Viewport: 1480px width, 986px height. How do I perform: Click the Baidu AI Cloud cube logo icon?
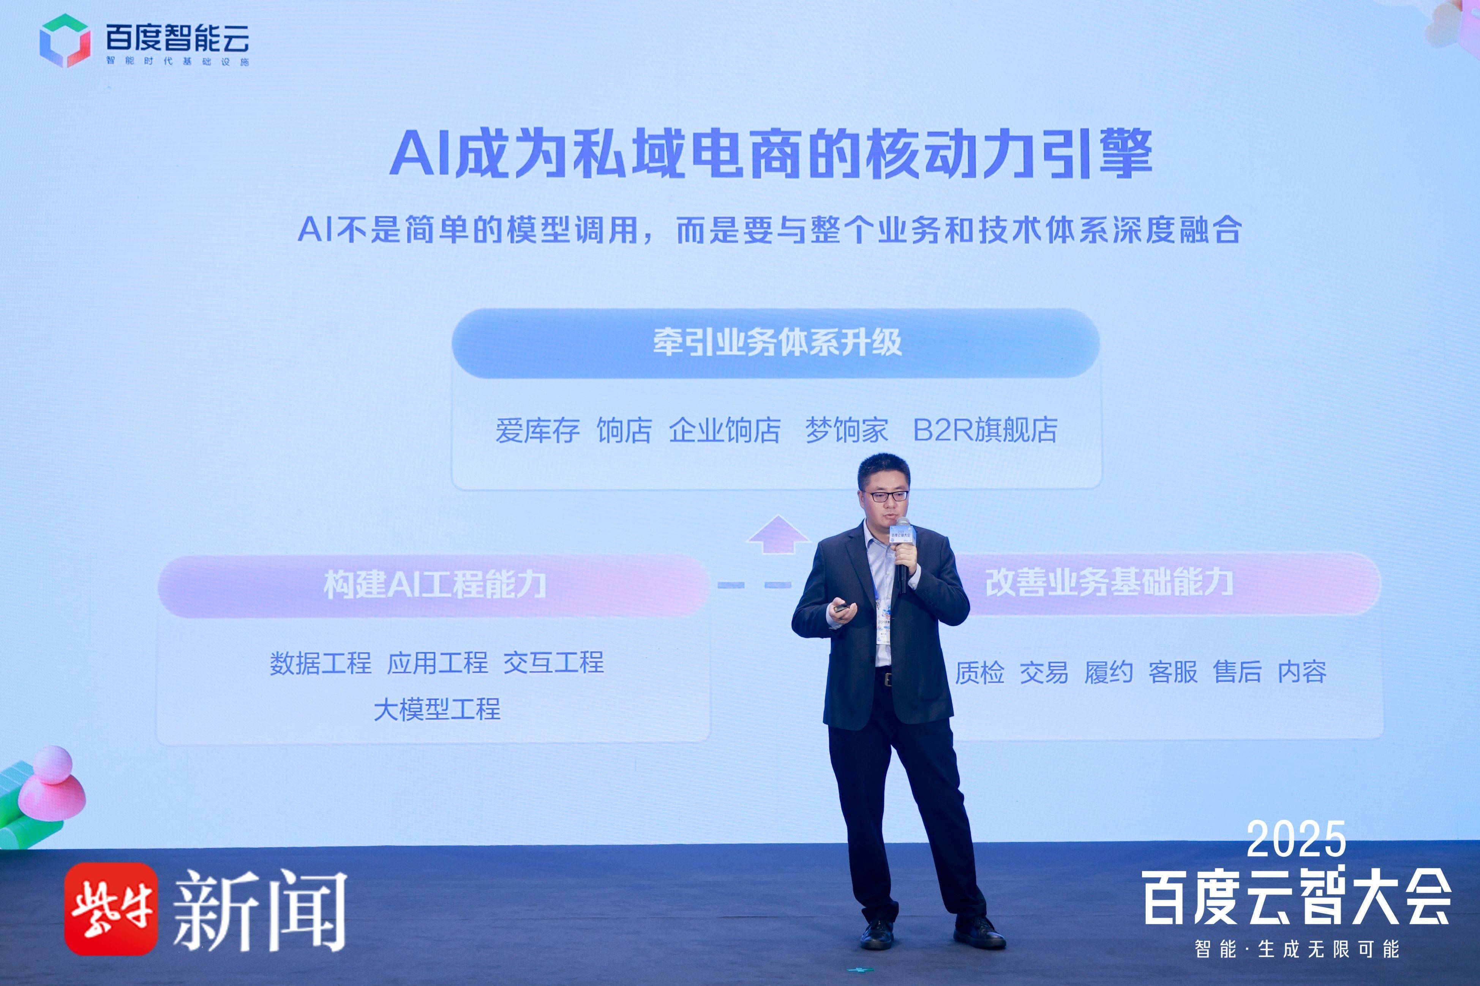click(x=65, y=40)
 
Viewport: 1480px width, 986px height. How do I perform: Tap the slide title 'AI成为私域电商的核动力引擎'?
click(x=771, y=153)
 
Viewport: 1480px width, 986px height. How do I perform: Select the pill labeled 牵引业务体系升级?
click(x=776, y=343)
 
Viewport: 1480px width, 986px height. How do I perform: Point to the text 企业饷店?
click(x=725, y=431)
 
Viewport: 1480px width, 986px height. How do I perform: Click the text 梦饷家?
click(x=847, y=431)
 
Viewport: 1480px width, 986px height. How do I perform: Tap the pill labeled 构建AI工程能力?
click(x=434, y=585)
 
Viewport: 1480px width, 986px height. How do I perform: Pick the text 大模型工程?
click(x=437, y=709)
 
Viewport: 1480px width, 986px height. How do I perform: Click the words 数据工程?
click(x=321, y=663)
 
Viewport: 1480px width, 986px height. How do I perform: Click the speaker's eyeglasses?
click(x=888, y=495)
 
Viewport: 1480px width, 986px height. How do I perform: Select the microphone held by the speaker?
click(x=903, y=554)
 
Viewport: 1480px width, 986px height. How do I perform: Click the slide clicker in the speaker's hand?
click(x=842, y=607)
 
